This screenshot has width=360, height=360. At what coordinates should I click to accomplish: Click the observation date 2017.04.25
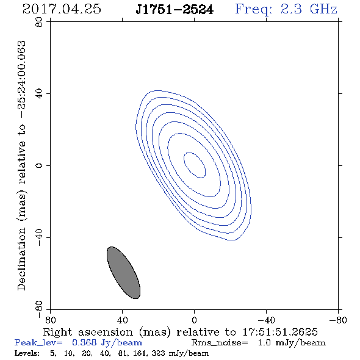coord(62,9)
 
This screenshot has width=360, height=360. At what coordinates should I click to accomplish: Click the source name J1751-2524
coord(175,9)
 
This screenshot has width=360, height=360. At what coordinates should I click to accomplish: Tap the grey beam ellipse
coord(123,273)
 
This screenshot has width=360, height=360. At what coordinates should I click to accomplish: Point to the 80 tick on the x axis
coord(50,320)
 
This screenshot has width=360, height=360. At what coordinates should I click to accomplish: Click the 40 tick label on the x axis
coord(122,320)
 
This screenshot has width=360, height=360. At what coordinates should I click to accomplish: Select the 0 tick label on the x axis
coord(194,320)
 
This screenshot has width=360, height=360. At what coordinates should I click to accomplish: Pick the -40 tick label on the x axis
coord(266,320)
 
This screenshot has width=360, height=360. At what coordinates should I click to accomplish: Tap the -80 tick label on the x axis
coord(338,320)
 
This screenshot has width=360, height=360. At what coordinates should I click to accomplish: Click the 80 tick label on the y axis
coord(39,22)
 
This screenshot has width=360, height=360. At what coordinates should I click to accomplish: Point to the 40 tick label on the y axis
coord(39,94)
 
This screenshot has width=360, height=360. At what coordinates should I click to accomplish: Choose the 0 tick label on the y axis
coord(39,165)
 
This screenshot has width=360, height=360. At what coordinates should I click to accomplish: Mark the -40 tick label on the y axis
coord(39,237)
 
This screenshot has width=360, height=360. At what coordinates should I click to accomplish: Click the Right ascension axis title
coord(180,332)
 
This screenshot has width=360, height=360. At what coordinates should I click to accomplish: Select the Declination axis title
coord(21,165)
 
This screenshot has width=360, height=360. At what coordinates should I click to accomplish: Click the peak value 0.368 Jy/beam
coord(107,342)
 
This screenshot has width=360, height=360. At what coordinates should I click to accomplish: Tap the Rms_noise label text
coord(220,343)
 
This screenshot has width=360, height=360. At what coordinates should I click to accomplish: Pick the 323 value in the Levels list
coord(158,353)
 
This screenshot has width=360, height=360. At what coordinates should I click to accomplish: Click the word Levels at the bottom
coord(27,353)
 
